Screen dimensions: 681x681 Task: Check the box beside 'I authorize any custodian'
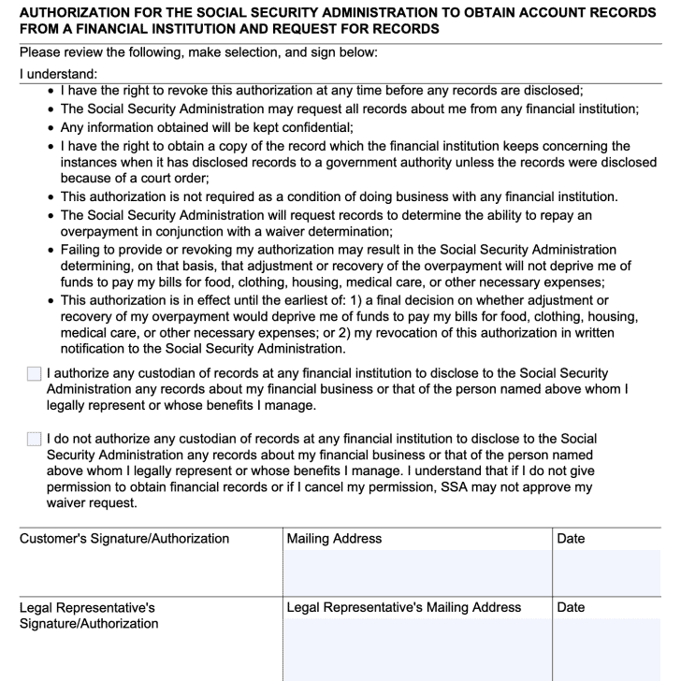[x=35, y=374]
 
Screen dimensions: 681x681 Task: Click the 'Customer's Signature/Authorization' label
[x=123, y=538]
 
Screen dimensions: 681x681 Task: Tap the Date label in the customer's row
[x=571, y=538]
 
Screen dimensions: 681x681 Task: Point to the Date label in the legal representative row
[x=571, y=608]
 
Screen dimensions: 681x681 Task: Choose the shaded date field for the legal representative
[x=613, y=650]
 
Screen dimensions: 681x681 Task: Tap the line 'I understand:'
[x=58, y=72]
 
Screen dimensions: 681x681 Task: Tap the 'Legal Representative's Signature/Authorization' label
[x=89, y=616]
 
